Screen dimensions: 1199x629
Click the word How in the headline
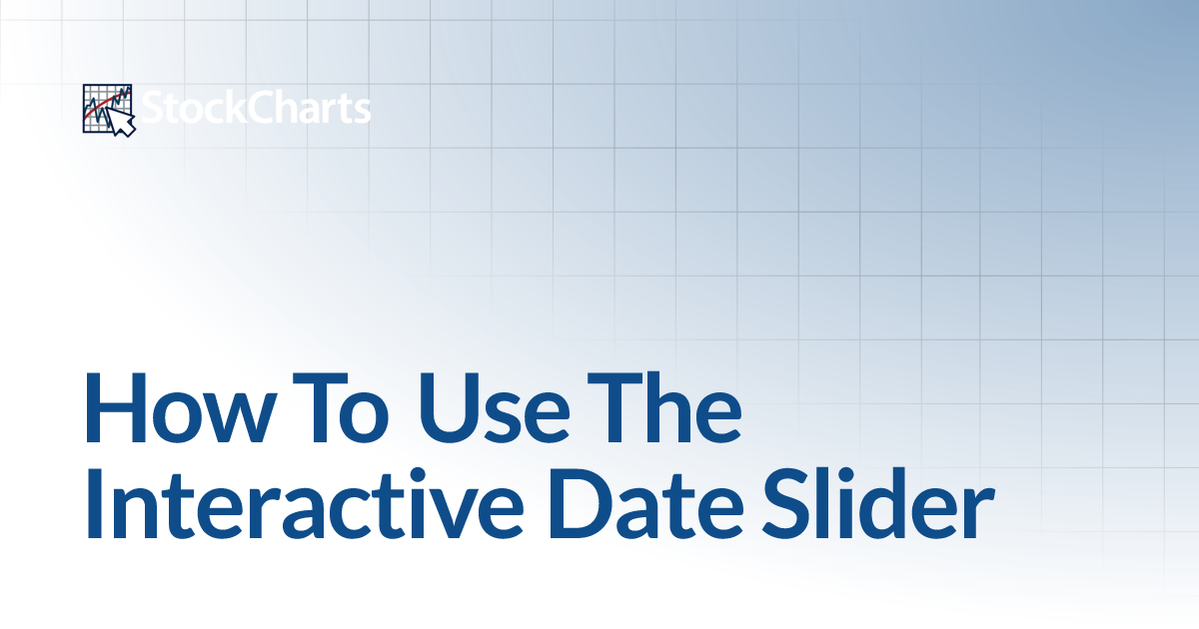[x=180, y=407]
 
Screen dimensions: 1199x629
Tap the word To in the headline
[x=341, y=407]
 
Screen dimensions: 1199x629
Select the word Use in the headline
[x=493, y=407]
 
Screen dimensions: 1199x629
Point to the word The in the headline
[x=664, y=407]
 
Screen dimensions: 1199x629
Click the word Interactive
[x=304, y=503]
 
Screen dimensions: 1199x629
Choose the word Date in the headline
[x=645, y=503]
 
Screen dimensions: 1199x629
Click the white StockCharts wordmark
[x=256, y=108]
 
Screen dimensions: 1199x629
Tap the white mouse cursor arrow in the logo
[x=122, y=122]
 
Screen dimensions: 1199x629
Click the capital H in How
[x=116, y=407]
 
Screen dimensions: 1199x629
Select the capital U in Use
[x=448, y=408]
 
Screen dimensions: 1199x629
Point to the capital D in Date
[x=581, y=503]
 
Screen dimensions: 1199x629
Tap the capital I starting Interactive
[x=94, y=503]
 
